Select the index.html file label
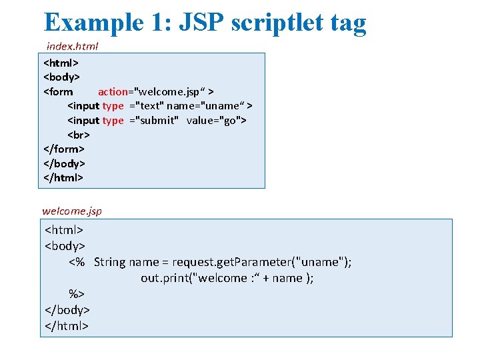coord(72,46)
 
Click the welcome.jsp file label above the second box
coord(72,211)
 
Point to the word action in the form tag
coord(114,91)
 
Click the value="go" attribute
coord(216,120)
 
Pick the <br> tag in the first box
coord(79,135)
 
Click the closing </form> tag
coord(64,149)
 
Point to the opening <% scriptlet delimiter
coord(77,262)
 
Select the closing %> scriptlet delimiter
coord(77,294)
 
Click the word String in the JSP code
coord(109,262)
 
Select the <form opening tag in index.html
coord(59,91)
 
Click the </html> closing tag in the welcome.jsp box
coord(67,326)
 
